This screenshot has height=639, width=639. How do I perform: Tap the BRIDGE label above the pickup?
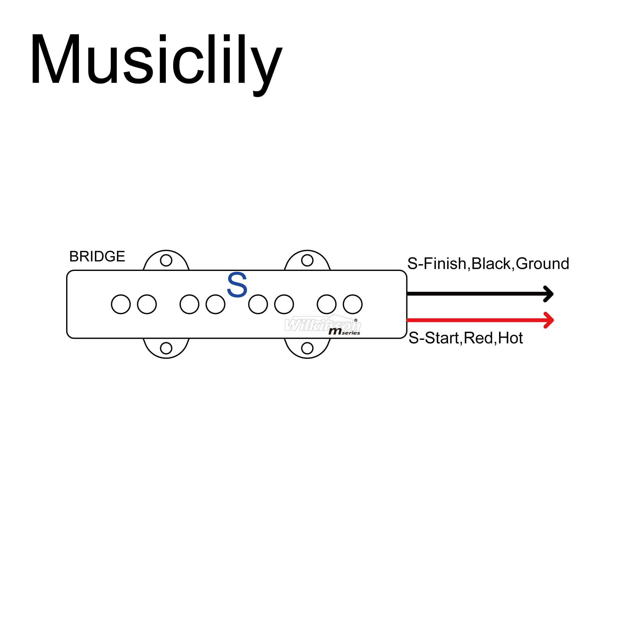pos(97,256)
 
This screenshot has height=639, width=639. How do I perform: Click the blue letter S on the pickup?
pos(237,285)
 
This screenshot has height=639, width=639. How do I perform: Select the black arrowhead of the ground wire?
pos(549,294)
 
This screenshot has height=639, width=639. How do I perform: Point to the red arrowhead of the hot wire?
pos(549,320)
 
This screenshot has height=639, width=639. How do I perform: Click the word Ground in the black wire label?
pos(543,264)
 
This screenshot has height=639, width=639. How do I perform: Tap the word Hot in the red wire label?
pos(510,338)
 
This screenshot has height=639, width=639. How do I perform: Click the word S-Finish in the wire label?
pos(436,264)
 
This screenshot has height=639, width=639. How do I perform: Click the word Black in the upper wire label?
pos(491,264)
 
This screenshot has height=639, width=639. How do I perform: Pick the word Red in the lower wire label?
pos(478,338)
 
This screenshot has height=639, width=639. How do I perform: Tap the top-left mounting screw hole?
pos(166,260)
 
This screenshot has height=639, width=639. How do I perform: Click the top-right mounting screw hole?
pos(307,260)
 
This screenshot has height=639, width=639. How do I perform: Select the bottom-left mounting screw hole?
pos(166,348)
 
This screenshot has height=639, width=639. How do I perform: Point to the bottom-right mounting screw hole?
pos(307,348)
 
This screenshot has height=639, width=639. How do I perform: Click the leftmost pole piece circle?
pos(121,304)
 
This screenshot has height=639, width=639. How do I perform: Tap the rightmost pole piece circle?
pos(353,304)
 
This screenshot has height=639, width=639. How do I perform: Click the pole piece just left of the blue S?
pos(215,304)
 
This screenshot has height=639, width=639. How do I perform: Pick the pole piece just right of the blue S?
pos(258,304)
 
